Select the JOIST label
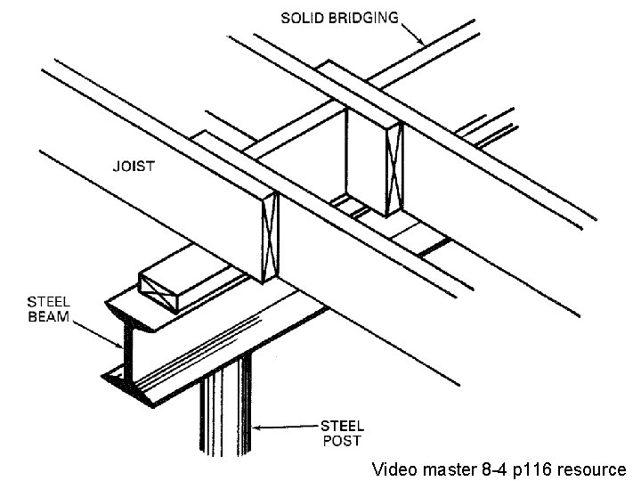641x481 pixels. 134,167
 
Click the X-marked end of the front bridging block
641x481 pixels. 269,239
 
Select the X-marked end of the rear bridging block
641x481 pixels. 394,170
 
